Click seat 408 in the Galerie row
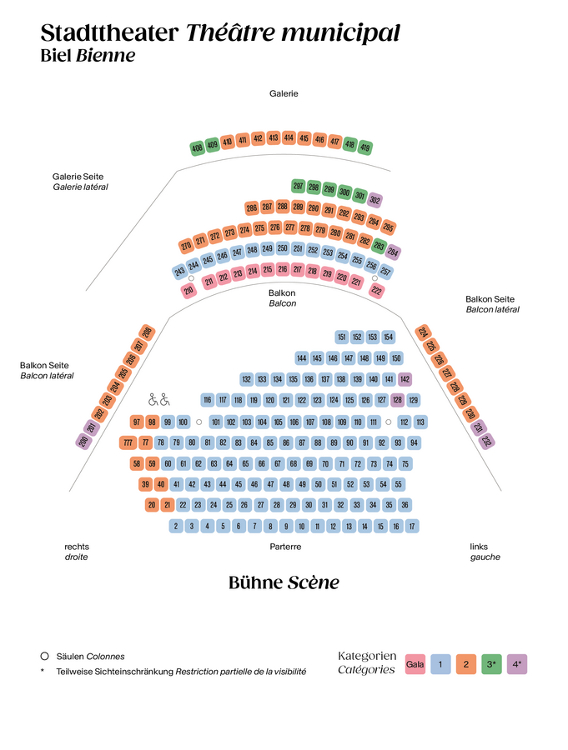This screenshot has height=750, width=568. pyautogui.click(x=197, y=148)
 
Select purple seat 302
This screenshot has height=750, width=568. pyautogui.click(x=375, y=200)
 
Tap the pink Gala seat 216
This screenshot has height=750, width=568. pyautogui.click(x=283, y=269)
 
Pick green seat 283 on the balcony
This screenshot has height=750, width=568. pyautogui.click(x=379, y=246)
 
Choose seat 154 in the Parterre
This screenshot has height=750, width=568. pyautogui.click(x=388, y=337)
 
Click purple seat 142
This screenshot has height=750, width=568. pyautogui.click(x=405, y=379)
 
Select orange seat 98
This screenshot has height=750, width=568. pyautogui.click(x=152, y=422)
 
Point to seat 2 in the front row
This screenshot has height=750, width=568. pyautogui.click(x=176, y=526)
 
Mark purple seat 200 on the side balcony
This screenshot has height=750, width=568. pyautogui.click(x=83, y=442)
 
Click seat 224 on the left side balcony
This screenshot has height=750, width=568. pyautogui.click(x=423, y=332)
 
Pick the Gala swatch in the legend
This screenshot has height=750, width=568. pyautogui.click(x=415, y=664)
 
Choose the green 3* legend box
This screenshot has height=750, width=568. pyautogui.click(x=491, y=664)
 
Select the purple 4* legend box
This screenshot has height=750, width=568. pyautogui.click(x=517, y=664)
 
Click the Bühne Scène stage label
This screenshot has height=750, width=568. pyautogui.click(x=284, y=582)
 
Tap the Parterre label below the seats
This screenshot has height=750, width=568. pyautogui.click(x=285, y=547)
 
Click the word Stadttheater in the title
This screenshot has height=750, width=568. pyautogui.click(x=109, y=33)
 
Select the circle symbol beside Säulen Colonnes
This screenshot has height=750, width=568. pyautogui.click(x=44, y=656)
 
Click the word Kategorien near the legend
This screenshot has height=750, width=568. pyautogui.click(x=367, y=657)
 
